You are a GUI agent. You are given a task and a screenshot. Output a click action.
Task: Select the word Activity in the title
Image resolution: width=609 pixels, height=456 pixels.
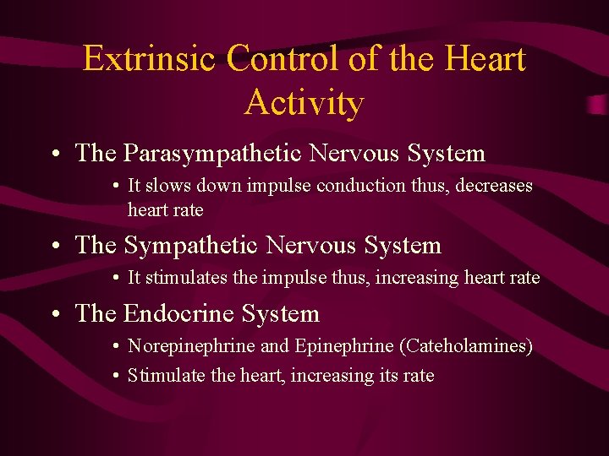[304, 103]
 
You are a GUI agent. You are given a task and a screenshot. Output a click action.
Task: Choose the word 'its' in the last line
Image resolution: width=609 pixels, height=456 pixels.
[381, 376]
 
